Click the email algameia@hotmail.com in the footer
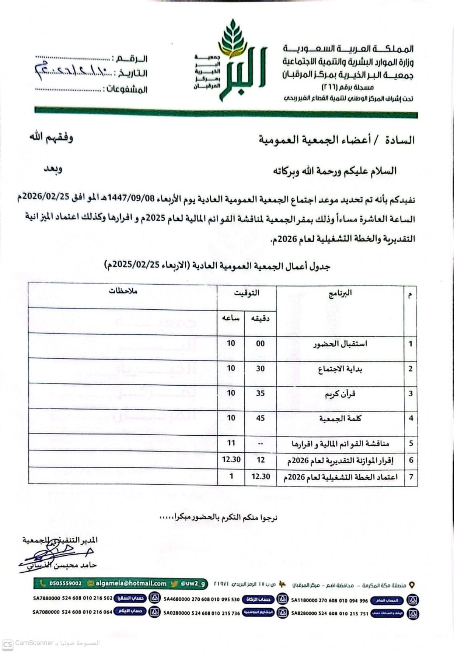[131, 583]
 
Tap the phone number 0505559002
[65, 583]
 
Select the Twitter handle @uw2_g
[193, 583]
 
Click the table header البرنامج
[340, 293]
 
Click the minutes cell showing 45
[260, 418]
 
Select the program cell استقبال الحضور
[340, 344]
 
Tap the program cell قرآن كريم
[340, 394]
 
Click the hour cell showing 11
[231, 443]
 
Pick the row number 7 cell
[411, 477]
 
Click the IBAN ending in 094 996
[329, 600]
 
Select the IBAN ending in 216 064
[72, 612]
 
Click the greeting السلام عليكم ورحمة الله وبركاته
[335, 171]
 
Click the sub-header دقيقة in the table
[260, 319]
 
